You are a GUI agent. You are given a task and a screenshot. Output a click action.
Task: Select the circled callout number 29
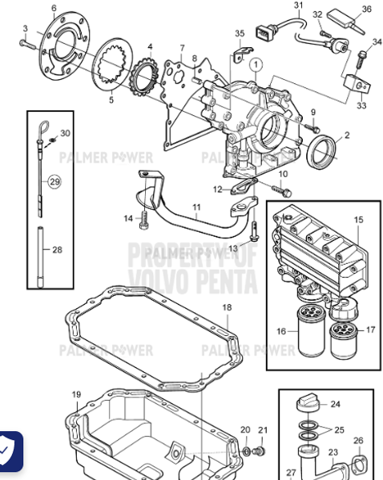pyautogui.click(x=54, y=182)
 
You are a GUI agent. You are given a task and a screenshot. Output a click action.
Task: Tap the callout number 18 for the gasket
pyautogui.click(x=227, y=307)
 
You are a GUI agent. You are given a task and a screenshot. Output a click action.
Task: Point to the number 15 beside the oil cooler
pyautogui.click(x=358, y=219)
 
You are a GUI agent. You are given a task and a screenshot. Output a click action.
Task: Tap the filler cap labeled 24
pyautogui.click(x=308, y=402)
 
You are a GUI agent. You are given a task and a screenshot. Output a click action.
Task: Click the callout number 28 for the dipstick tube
pyautogui.click(x=57, y=250)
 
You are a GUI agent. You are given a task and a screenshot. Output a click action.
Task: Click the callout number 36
pyautogui.click(x=366, y=9)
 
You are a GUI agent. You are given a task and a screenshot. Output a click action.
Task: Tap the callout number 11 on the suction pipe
pyautogui.click(x=195, y=207)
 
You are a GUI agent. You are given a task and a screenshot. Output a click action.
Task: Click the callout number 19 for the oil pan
pyautogui.click(x=76, y=394)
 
